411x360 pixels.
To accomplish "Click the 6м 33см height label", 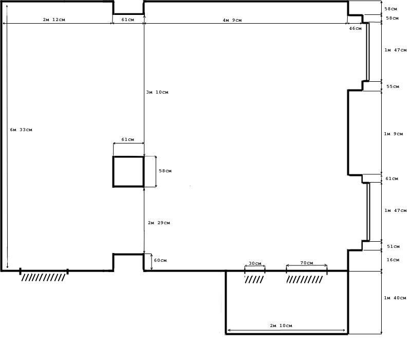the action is coord(21,130).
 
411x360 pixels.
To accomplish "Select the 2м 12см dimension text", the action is coord(54,20).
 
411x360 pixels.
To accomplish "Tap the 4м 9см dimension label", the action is coord(232,20).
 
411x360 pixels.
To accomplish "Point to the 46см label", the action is coord(356,28).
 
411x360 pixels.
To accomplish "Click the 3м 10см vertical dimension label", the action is coord(157,92).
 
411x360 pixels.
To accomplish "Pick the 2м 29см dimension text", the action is coord(159,223).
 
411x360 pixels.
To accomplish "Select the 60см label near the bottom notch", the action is coord(160,260).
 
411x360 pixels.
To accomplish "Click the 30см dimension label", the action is coord(255,263).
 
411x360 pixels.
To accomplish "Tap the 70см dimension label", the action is coord(307,263).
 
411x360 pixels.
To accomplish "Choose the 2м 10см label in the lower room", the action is coord(281,326).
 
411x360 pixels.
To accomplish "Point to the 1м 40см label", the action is coord(395,298).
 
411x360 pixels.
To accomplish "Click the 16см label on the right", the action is coord(393,260).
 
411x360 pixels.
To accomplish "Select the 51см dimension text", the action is coord(394,246).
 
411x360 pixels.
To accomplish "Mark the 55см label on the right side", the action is coord(393,86).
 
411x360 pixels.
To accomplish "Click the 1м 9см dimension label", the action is coord(394,134).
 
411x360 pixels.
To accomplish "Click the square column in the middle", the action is coord(113,171).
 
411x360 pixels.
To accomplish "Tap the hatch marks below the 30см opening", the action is coord(254,279).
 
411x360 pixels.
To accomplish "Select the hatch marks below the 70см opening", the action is coord(305,279).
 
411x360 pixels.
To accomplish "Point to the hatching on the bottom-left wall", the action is coord(43,277).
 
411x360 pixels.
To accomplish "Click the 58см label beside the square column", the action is coord(165,171).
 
